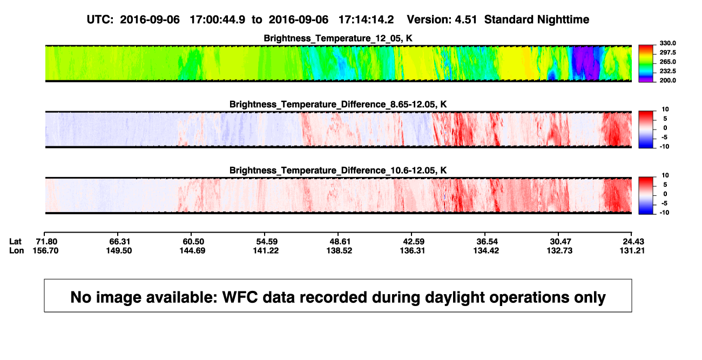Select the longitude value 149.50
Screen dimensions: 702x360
coord(119,250)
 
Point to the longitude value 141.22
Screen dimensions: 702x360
coord(266,250)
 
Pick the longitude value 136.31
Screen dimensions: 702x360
coord(413,250)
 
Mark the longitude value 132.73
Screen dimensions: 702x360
coord(559,250)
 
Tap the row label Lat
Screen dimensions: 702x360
coord(15,242)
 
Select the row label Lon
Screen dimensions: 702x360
coord(16,250)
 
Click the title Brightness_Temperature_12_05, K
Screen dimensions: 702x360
coord(338,38)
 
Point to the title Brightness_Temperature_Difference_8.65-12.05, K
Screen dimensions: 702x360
coord(338,104)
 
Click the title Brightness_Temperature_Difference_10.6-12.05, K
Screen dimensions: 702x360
coord(338,171)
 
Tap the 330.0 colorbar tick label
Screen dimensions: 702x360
coord(667,43)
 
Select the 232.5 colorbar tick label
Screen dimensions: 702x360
coord(667,71)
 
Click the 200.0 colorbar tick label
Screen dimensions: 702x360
coord(667,80)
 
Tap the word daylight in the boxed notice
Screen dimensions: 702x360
coord(393,297)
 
